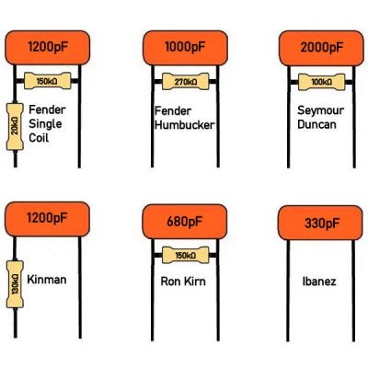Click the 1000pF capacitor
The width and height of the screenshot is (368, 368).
click(185, 48)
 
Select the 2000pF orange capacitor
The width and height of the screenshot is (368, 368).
click(321, 48)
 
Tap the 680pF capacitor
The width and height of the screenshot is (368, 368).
click(185, 222)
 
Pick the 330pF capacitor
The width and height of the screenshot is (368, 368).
click(320, 223)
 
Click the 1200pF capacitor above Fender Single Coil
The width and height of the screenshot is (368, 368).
click(48, 48)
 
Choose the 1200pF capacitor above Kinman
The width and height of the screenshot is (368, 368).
click(47, 219)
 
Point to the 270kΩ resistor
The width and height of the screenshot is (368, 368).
click(186, 82)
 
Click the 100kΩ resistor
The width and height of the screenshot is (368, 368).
click(321, 82)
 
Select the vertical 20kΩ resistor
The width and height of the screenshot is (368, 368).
click(15, 127)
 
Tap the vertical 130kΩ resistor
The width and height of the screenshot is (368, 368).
click(15, 284)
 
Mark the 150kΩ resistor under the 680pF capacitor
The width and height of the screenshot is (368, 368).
click(186, 255)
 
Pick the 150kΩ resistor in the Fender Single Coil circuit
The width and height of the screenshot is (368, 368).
click(48, 81)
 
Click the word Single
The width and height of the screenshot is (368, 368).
click(45, 124)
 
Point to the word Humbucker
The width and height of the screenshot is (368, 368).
click(185, 125)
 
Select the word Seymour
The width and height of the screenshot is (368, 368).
click(320, 111)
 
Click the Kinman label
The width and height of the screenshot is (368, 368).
click(47, 280)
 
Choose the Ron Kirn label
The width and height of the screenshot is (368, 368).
click(183, 282)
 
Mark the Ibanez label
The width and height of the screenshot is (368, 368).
click(319, 282)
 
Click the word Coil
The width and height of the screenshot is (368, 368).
click(39, 138)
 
